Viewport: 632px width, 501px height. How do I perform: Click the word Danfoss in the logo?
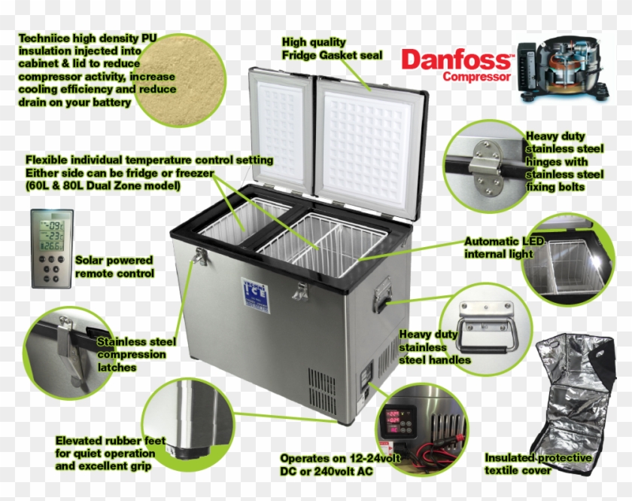click(456, 60)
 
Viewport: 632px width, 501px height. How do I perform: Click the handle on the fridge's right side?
click(382, 294)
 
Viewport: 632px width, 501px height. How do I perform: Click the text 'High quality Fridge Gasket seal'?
click(332, 49)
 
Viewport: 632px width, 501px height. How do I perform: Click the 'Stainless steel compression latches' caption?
click(136, 354)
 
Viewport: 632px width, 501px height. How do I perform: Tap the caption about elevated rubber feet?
click(110, 454)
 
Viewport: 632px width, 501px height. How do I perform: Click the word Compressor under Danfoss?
click(476, 76)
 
